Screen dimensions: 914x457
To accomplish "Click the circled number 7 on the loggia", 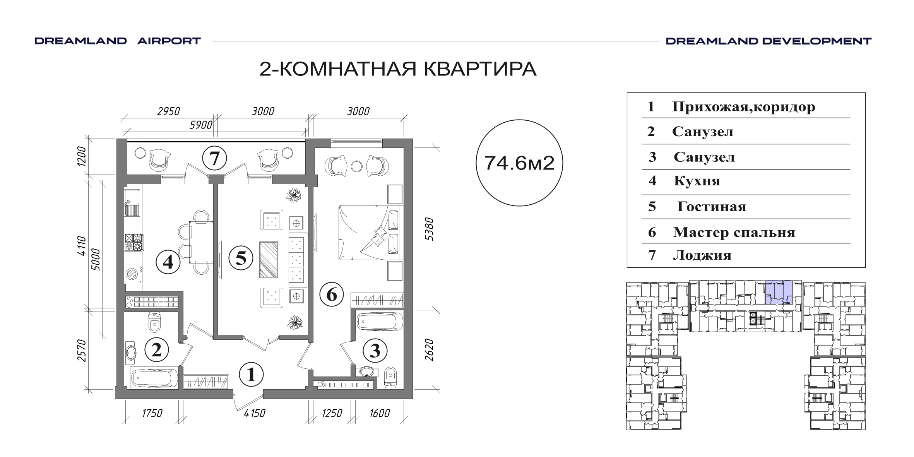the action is pos(214,158).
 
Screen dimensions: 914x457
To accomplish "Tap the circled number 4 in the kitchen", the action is pos(168,262).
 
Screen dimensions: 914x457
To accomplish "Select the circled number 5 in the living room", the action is pos(241,258).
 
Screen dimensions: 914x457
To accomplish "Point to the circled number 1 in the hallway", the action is pos(252,374).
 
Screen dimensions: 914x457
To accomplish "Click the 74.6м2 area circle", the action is pos(519,163).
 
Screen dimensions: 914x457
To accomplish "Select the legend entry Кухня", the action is pos(697,181).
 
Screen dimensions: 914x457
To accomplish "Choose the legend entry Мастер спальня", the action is pos(734,232).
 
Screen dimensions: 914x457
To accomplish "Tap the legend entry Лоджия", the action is pos(702,255).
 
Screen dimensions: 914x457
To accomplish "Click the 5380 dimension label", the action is pos(429,229).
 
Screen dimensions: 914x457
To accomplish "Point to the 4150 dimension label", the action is pos(254,413).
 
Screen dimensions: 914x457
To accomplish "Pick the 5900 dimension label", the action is pos(201,125).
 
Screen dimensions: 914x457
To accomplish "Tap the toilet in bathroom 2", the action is pos(154,322).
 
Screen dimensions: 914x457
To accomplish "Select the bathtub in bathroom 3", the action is pos(380,322).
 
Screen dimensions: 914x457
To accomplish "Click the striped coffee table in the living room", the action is pos(269,260).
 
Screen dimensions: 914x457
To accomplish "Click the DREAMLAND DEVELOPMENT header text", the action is pos(769,41).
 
